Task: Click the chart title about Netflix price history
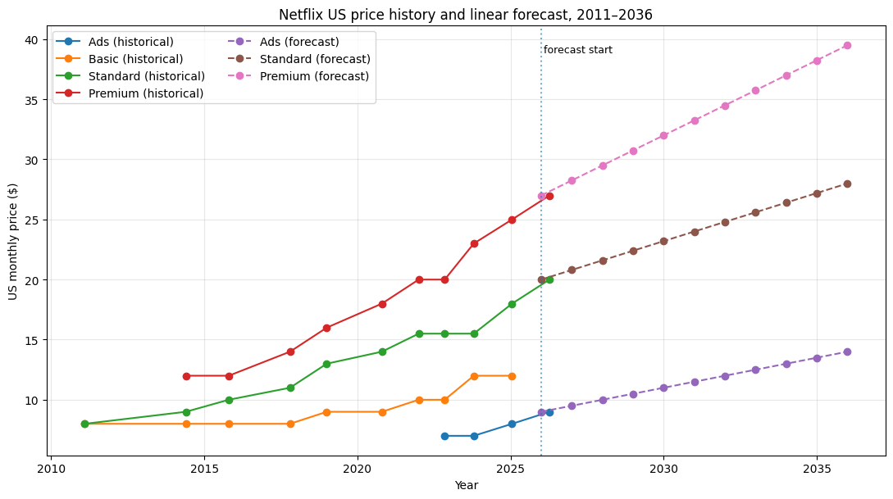pyautogui.click(x=465, y=15)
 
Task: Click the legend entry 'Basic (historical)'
pyautogui.click(x=135, y=59)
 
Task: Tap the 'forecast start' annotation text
pyautogui.click(x=577, y=50)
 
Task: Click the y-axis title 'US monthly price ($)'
pyautogui.click(x=14, y=241)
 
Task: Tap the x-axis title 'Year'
pyautogui.click(x=466, y=485)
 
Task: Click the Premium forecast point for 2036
pyautogui.click(x=847, y=46)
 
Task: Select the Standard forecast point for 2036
pyautogui.click(x=847, y=184)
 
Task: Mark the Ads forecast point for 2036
pyautogui.click(x=847, y=352)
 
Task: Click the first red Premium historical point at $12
pyautogui.click(x=186, y=376)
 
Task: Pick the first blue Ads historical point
pyautogui.click(x=444, y=436)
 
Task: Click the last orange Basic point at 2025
pyautogui.click(x=512, y=376)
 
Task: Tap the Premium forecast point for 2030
pyautogui.click(x=663, y=135)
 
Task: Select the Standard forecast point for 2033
pyautogui.click(x=755, y=212)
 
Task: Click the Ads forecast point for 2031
pyautogui.click(x=695, y=382)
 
